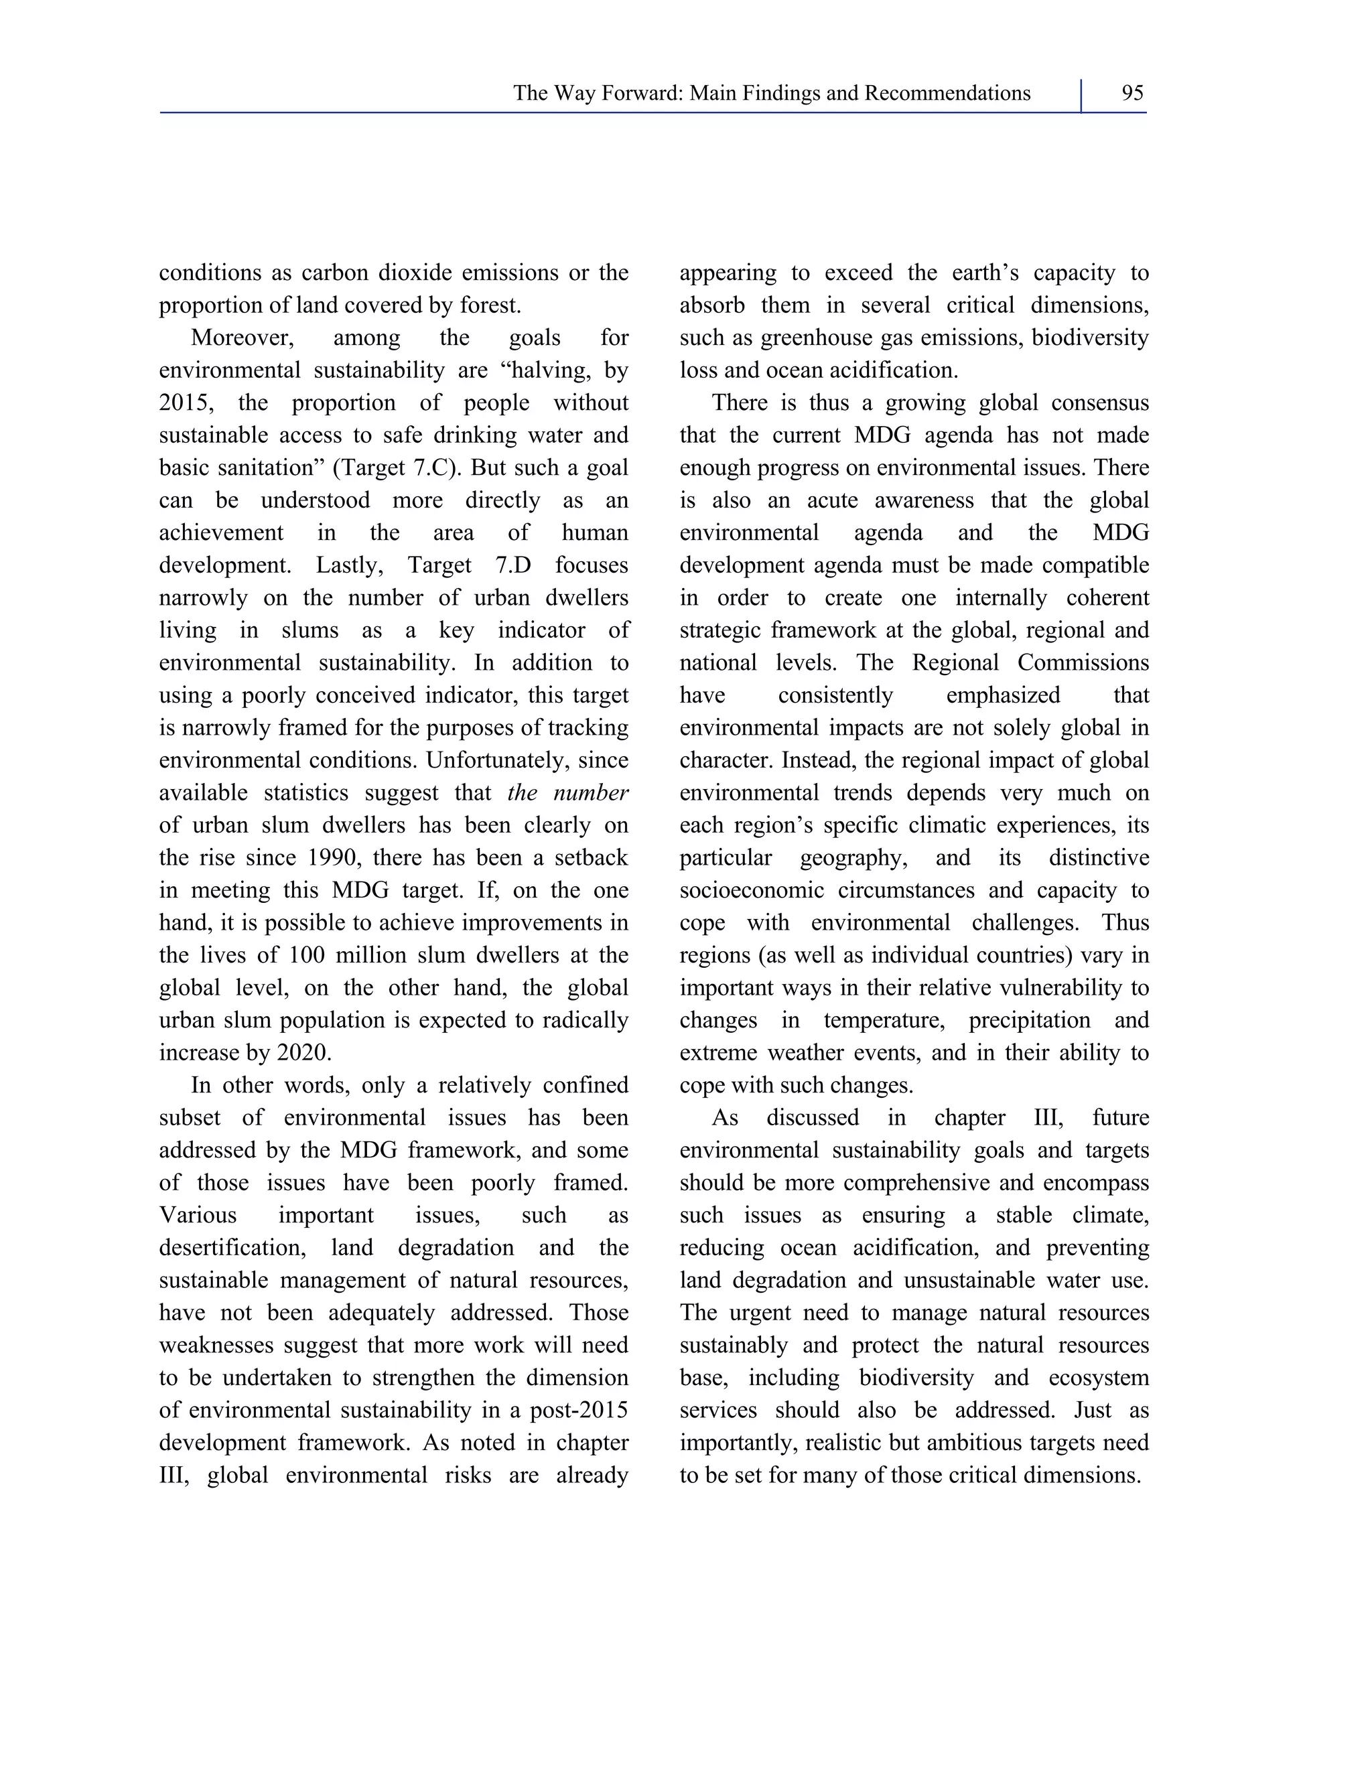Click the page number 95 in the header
click(1132, 94)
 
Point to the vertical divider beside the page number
click(1082, 96)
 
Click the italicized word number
click(591, 793)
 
